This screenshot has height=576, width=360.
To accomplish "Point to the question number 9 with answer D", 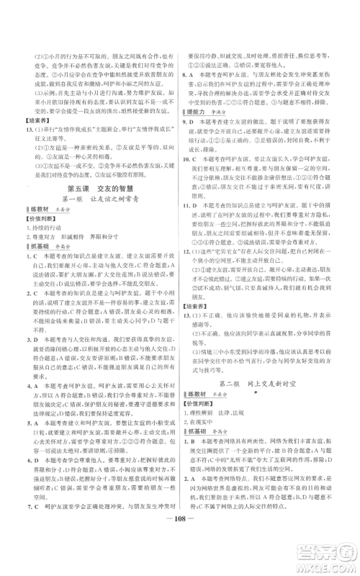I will pyautogui.click(x=191, y=122).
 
